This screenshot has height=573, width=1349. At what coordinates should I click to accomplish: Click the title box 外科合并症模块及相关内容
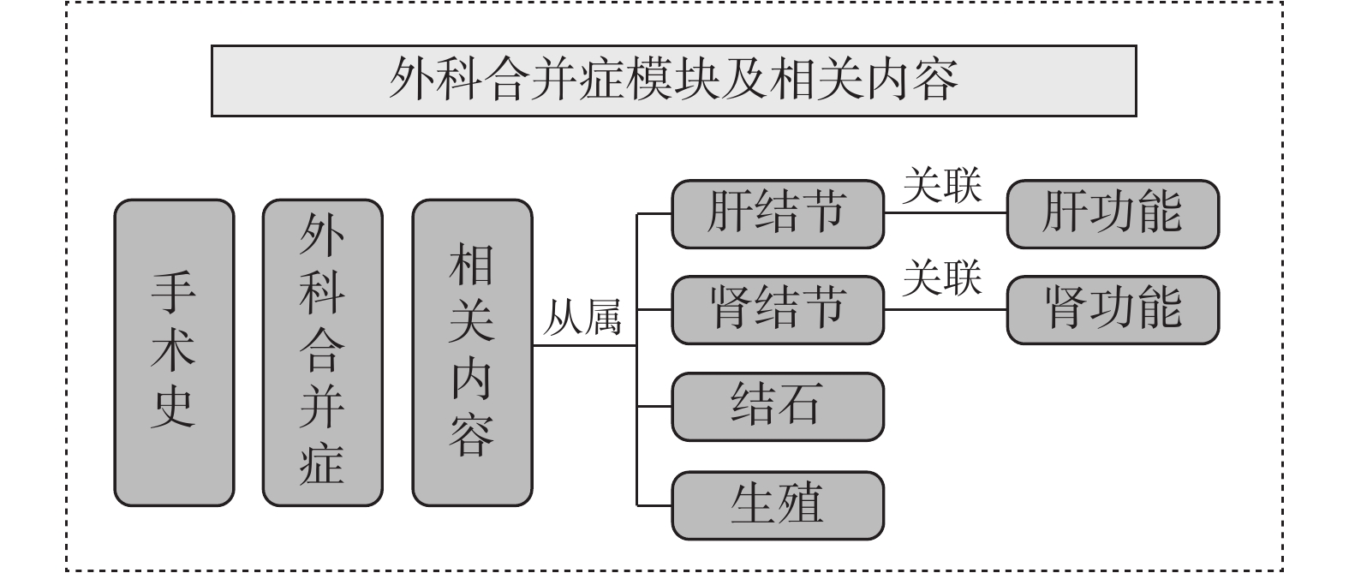pos(673,81)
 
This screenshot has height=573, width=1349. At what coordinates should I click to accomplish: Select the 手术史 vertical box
pos(174,353)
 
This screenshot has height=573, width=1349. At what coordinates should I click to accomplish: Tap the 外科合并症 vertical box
pos(323,353)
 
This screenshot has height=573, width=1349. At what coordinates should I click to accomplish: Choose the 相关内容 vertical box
pos(472,353)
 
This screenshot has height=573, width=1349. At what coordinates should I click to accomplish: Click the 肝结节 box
pos(778,213)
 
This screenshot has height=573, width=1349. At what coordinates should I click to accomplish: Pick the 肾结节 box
pos(778,310)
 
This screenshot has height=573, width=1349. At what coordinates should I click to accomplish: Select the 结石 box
pos(778,407)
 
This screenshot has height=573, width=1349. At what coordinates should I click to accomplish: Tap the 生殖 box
pos(778,505)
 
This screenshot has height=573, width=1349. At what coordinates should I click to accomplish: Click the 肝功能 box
pos(1113,213)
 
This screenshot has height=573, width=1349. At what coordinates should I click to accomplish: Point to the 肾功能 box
pos(1113,310)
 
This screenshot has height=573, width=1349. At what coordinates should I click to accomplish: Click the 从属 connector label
pos(582,317)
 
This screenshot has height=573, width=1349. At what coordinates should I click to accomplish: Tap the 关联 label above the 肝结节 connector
pos(942,185)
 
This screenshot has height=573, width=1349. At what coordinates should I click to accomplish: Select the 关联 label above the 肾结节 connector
pos(942,278)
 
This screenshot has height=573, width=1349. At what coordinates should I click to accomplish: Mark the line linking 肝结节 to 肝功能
pos(946,212)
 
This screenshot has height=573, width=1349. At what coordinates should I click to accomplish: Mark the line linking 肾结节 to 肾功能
pos(946,310)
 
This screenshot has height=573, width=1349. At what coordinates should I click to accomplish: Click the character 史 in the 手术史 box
pos(173,408)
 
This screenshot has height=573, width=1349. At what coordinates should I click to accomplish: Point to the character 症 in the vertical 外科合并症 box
pos(322,464)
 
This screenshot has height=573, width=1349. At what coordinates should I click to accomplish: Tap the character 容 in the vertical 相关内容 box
pos(472,436)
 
